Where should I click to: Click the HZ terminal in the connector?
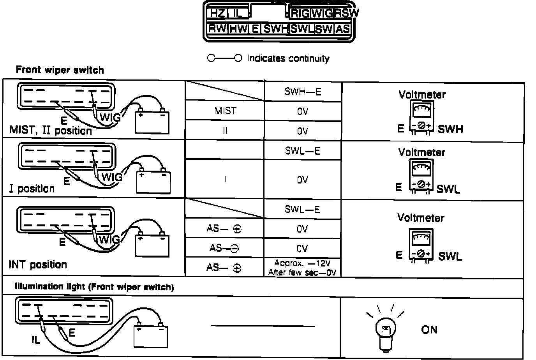pyautogui.click(x=217, y=14)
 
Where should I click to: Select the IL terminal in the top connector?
pyautogui.click(x=237, y=14)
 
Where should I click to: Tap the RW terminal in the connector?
pyautogui.click(x=217, y=28)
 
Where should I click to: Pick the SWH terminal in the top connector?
pyautogui.click(x=276, y=28)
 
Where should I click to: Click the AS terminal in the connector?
pyautogui.click(x=342, y=28)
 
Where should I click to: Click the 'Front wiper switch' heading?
pyautogui.click(x=60, y=70)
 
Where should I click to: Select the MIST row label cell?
pyautogui.click(x=225, y=111)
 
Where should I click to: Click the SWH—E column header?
pyautogui.click(x=303, y=92)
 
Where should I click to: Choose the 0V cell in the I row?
pyautogui.click(x=302, y=180)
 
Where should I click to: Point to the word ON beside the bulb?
pyautogui.click(x=429, y=330)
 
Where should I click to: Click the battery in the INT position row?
pyautogui.click(x=152, y=244)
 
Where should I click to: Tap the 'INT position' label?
pyautogui.click(x=38, y=265)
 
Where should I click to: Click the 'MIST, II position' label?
pyautogui.click(x=51, y=131)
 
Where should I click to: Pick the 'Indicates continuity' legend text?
pyautogui.click(x=288, y=58)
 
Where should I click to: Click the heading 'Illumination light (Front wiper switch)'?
pyautogui.click(x=94, y=287)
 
